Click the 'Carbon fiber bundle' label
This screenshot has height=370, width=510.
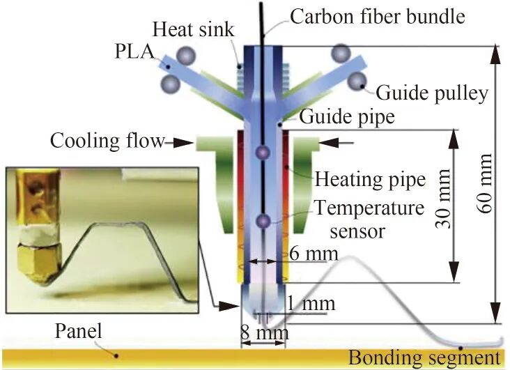coord(378,17)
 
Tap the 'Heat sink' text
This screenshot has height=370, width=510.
coord(193,29)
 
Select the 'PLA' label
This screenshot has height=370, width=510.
coord(135,51)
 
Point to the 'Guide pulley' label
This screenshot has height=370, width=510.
coord(432,93)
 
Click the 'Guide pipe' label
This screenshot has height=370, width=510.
coord(347,116)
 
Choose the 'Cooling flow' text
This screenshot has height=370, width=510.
coord(107,141)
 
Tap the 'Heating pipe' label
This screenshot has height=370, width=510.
coord(370,179)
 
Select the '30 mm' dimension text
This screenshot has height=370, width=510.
coord(442,199)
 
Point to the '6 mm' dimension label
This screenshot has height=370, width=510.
coord(314,254)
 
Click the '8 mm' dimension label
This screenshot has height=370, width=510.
coord(265,332)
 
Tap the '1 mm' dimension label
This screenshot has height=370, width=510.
coord(311,304)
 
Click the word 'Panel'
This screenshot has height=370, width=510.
coord(79,330)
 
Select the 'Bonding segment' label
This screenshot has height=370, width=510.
coord(424,357)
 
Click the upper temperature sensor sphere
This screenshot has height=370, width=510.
coord(263,152)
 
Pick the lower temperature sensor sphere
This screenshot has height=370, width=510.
coord(263,222)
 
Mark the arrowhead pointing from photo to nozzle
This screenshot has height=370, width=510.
coord(229,306)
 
